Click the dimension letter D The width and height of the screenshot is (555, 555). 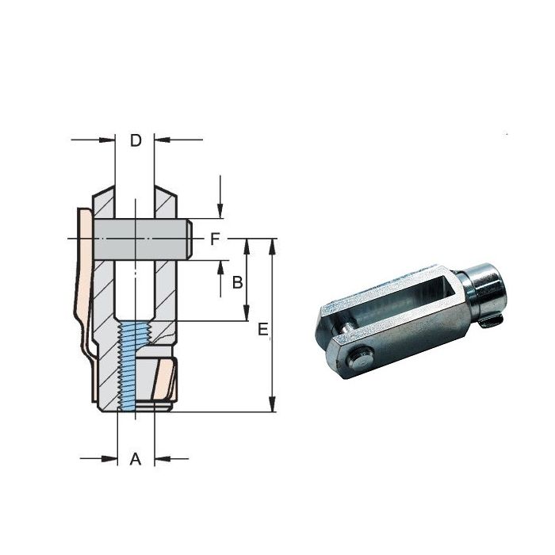tap(136, 141)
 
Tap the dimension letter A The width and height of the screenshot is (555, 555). tap(136, 458)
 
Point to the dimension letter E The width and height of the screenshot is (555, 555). tap(262, 329)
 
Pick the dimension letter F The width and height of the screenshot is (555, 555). tap(215, 238)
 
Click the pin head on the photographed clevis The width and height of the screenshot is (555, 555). tap(361, 358)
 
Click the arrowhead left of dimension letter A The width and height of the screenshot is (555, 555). tap(111, 458)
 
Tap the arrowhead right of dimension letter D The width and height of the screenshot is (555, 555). tap(160, 141)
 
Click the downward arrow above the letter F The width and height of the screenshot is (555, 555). tap(220, 212)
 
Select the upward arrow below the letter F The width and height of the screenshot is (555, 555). tap(220, 267)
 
